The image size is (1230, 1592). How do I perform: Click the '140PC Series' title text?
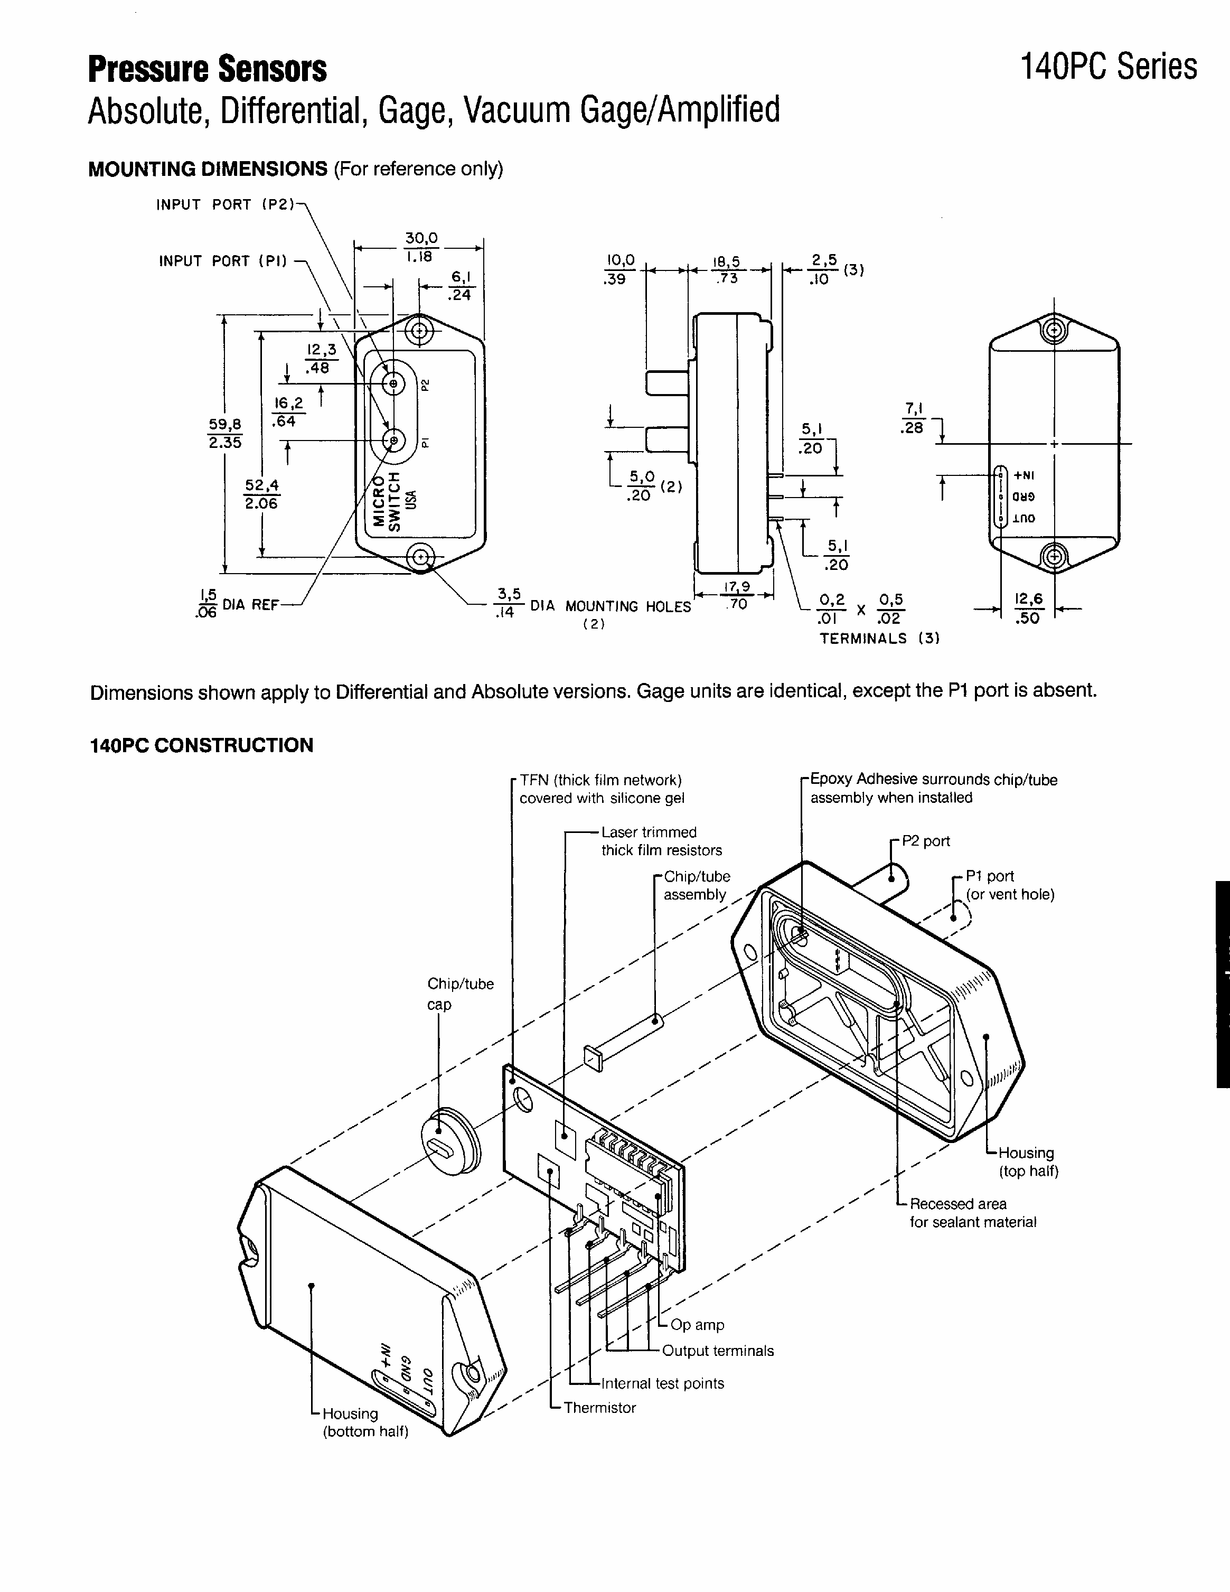point(1107,67)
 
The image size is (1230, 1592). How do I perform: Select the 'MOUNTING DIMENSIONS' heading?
point(208,169)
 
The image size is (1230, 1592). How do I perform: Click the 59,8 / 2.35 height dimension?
point(225,433)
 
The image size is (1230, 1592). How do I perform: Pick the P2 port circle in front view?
point(393,383)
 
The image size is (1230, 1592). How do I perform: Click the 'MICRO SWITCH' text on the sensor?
point(386,500)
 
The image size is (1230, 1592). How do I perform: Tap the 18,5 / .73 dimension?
point(727,268)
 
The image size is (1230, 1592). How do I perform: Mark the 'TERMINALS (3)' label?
point(879,639)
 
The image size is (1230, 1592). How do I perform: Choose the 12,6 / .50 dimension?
point(1028,608)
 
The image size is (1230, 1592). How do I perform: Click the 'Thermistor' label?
point(599,1408)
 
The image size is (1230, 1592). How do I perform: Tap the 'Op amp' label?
point(697,1325)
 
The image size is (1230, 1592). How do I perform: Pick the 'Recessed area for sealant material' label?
point(972,1213)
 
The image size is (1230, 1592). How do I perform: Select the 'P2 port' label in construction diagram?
point(925,841)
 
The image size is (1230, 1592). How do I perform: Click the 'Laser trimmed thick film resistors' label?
point(661,841)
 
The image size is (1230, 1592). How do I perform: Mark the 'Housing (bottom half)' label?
point(365,1422)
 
